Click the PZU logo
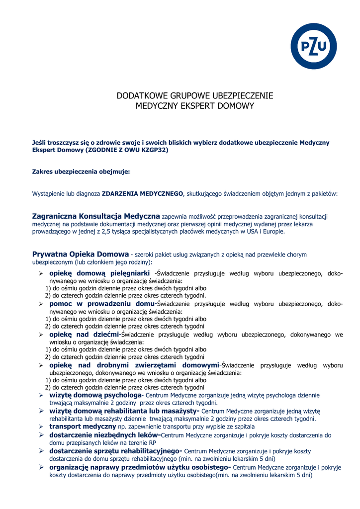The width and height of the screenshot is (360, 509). (x=314, y=46)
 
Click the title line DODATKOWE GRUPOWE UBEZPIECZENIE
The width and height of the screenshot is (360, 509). (x=195, y=96)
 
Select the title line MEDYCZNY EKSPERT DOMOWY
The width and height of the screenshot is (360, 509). (x=195, y=106)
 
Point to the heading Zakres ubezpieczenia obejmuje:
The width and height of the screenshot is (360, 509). (x=81, y=171)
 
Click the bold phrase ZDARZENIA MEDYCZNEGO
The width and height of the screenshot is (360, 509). (x=143, y=194)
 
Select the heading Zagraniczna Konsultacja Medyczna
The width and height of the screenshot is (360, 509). (x=96, y=216)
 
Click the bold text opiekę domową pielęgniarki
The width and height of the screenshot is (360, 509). (x=99, y=273)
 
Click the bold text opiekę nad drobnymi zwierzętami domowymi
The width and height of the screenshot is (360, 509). (x=134, y=365)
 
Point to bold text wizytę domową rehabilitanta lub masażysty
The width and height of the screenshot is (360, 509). (x=124, y=411)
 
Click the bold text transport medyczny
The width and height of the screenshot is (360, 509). (x=83, y=426)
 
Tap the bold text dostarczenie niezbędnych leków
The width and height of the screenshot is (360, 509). (x=105, y=435)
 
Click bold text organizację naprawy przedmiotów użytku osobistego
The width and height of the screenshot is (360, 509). (x=140, y=467)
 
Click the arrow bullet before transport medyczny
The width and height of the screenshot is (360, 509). (x=41, y=426)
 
